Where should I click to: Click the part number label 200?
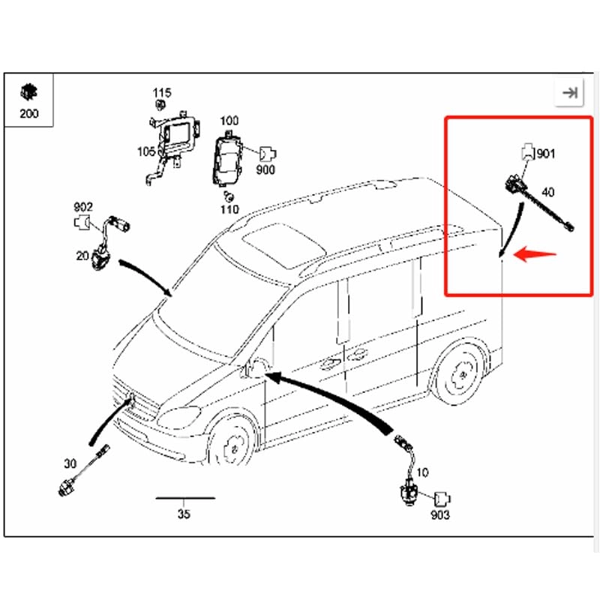click(28, 114)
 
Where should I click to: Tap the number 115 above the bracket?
click(161, 93)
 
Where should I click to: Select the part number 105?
click(146, 151)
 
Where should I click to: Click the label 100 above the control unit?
click(229, 121)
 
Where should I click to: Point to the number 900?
click(265, 169)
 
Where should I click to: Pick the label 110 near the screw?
click(229, 209)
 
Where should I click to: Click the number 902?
click(82, 207)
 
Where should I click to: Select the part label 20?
click(82, 256)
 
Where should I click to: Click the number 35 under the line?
click(184, 514)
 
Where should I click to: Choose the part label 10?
click(422, 472)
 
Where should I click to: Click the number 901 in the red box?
click(546, 154)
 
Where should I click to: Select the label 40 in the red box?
click(547, 192)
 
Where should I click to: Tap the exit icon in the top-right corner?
click(570, 92)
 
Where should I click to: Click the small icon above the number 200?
click(28, 92)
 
